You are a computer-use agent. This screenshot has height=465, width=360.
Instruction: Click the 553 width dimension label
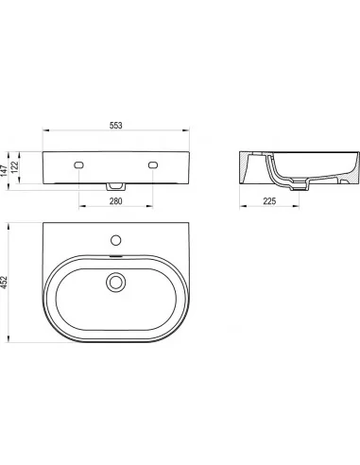click(116, 126)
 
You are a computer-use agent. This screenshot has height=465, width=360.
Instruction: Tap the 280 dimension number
click(115, 201)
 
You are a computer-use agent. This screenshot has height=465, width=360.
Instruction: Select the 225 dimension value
click(269, 201)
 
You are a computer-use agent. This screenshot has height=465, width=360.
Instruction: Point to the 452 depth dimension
click(4, 283)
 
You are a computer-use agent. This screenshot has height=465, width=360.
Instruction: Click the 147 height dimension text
click(4, 171)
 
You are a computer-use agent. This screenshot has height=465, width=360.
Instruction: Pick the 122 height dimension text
click(14, 166)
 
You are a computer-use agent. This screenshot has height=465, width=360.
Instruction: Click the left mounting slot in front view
click(78, 164)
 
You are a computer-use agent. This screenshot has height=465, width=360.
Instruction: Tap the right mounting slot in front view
click(153, 164)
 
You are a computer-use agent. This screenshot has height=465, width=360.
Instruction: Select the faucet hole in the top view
click(116, 240)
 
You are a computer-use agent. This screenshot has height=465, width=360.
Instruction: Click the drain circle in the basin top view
click(116, 282)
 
